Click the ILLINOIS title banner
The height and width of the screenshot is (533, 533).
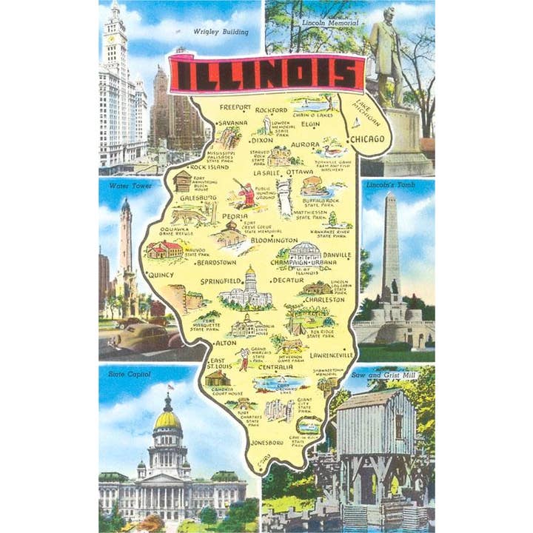(266, 74)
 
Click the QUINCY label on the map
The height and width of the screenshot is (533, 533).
(161, 275)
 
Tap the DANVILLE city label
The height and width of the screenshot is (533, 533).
(337, 254)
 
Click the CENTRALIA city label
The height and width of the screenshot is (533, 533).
(275, 367)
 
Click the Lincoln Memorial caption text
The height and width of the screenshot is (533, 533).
(330, 23)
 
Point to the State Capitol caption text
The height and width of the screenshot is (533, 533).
(129, 375)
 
